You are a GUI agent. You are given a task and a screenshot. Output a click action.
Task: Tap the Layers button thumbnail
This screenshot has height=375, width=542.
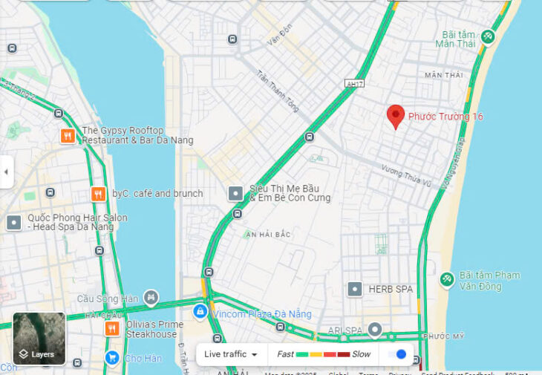tap(39, 339)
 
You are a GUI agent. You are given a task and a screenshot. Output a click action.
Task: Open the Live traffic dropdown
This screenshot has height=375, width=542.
tap(231, 354)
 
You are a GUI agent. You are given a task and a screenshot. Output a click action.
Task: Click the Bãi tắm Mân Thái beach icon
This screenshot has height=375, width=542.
tap(488, 36)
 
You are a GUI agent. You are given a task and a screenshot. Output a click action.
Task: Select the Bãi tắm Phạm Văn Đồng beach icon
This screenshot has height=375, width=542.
tap(447, 279)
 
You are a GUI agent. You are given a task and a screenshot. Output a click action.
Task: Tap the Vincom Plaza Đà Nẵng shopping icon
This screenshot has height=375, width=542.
tap(200, 312)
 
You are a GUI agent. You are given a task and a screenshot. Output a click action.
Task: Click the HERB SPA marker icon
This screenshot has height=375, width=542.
tap(355, 289)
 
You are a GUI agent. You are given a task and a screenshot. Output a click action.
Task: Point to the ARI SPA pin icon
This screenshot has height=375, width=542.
tap(376, 329)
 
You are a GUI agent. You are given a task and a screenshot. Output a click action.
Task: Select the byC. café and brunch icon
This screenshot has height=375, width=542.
tap(98, 194)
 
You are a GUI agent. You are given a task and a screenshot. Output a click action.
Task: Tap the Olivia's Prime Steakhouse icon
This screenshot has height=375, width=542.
tap(112, 328)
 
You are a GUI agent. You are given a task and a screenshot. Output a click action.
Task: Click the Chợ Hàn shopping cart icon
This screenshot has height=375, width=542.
tap(112, 358)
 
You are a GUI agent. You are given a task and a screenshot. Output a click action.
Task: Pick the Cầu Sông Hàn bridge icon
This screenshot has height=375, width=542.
tap(151, 298)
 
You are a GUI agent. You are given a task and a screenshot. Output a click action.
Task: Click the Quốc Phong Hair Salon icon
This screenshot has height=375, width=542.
tap(14, 223)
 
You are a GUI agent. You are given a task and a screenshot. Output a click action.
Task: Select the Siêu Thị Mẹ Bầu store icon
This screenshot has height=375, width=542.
tap(235, 194)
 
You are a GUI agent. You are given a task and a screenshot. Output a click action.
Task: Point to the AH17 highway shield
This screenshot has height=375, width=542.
tap(354, 85)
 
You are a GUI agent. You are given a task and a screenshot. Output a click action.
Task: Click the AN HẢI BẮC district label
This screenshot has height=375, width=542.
tap(268, 235)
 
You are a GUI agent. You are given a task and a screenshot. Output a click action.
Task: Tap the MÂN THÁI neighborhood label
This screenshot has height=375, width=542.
tap(443, 75)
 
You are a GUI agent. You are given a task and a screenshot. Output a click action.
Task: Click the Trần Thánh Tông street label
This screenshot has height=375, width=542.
tap(277, 92)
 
